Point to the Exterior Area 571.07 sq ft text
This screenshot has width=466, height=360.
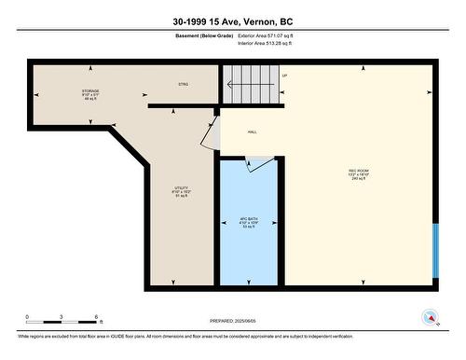271,36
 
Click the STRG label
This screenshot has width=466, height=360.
183,85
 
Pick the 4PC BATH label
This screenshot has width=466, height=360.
248,223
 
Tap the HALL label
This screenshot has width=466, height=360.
253,132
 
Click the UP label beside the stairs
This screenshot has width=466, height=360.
283,76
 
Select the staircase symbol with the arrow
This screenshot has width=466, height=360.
250,86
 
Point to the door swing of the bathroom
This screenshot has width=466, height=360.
254,165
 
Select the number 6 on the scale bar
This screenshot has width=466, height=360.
97,317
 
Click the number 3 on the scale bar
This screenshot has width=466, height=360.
62,317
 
